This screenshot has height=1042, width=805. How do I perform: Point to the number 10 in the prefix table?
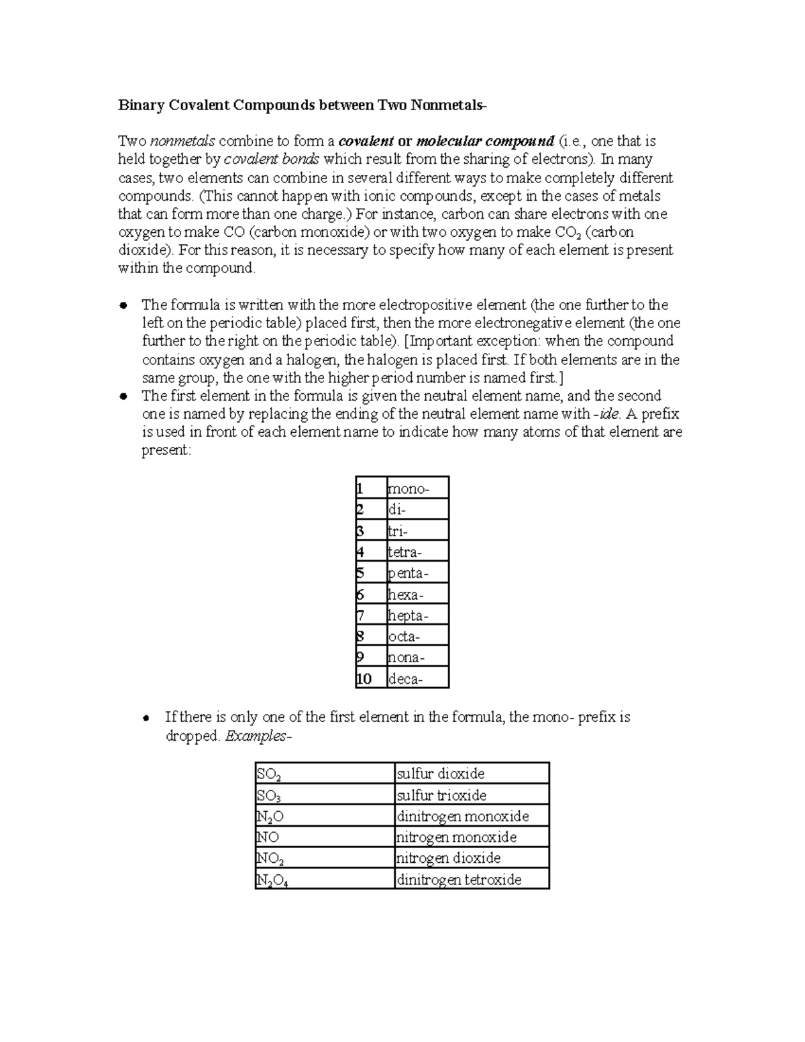pos(364,679)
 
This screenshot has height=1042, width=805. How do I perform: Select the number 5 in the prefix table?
pos(360,573)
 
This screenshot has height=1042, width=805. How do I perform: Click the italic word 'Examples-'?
pos(258,736)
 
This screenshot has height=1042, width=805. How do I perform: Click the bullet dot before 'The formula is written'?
pos(123,305)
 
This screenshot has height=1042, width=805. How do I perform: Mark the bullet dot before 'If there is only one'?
pos(147,718)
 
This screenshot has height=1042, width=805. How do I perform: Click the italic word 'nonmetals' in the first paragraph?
pos(182,142)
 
